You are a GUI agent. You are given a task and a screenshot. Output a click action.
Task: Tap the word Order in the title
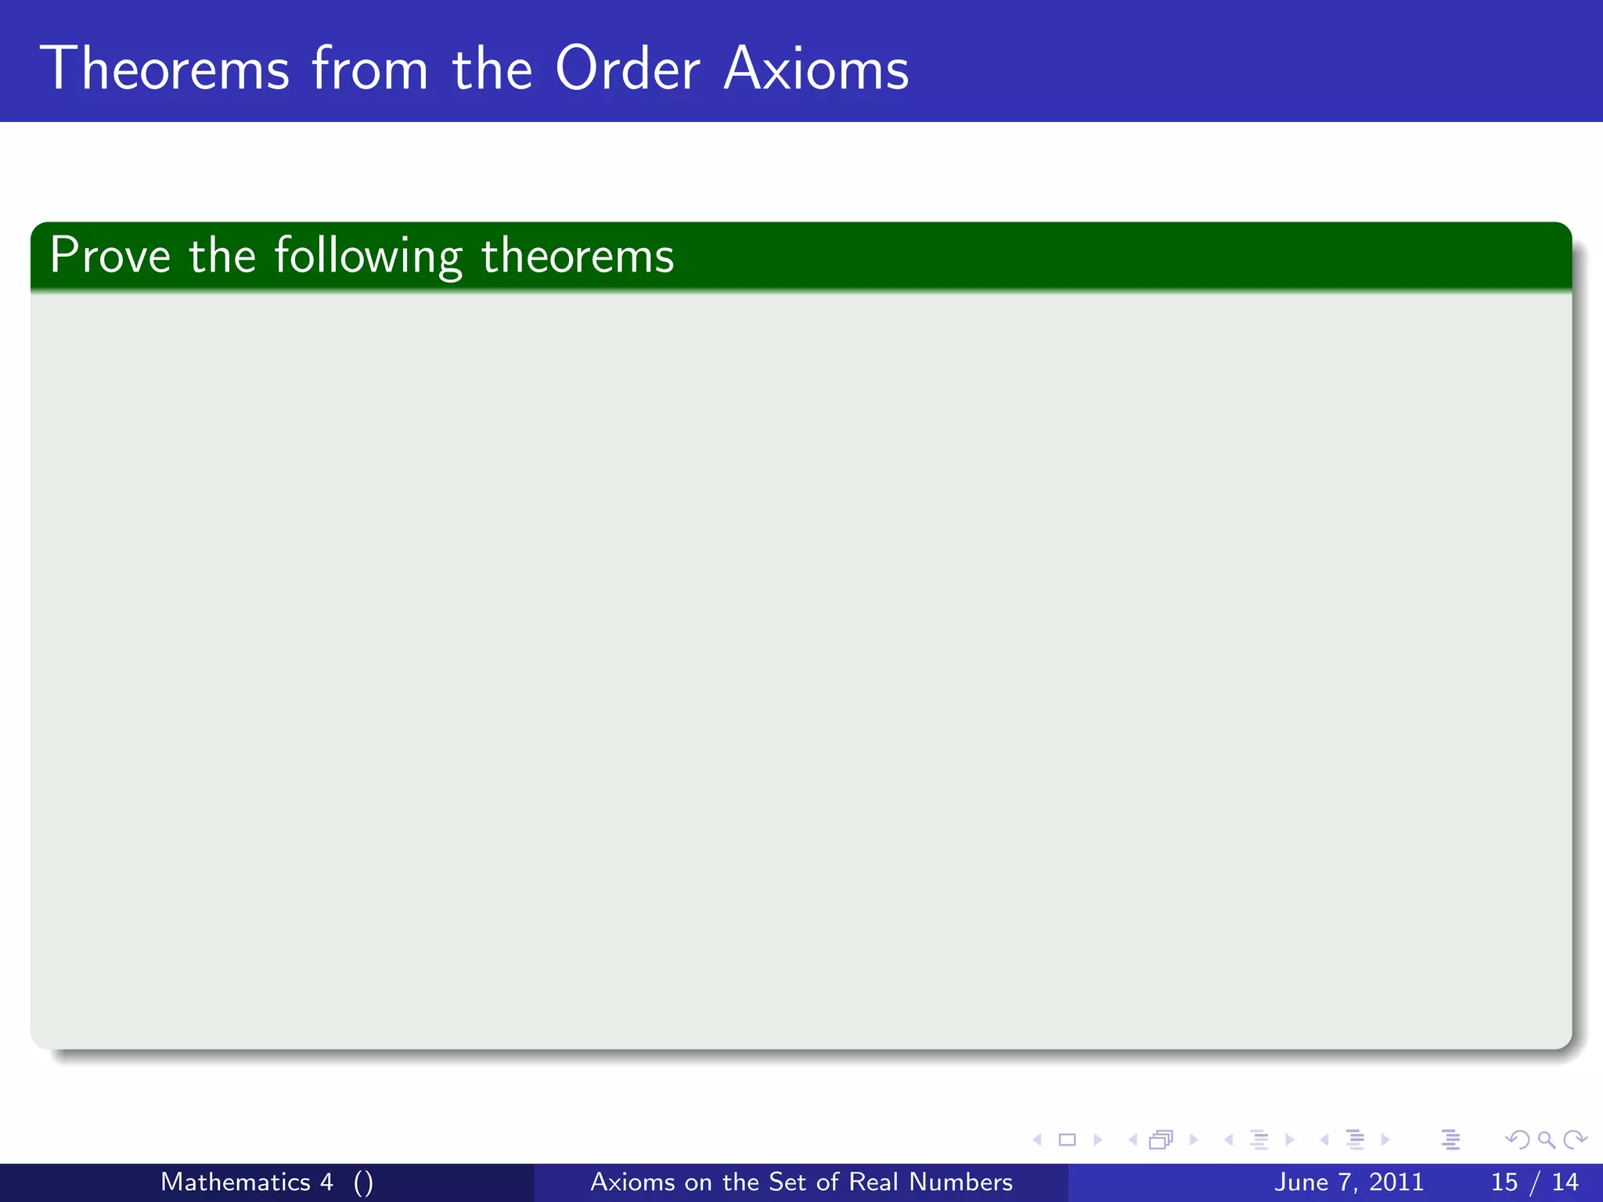(627, 69)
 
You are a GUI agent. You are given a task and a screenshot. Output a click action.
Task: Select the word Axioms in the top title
(816, 69)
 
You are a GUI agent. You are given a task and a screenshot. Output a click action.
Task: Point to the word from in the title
(370, 69)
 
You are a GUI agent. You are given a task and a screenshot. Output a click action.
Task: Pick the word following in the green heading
(368, 257)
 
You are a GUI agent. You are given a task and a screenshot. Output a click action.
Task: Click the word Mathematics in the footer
(236, 1182)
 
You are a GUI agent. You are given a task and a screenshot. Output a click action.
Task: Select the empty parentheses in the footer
(363, 1182)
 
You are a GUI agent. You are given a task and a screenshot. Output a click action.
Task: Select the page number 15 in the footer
(1504, 1182)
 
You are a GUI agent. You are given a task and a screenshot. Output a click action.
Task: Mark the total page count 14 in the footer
(1565, 1182)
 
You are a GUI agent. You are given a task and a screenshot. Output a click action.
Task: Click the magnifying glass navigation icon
(1546, 1140)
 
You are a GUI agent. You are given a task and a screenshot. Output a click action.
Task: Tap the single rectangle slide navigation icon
(1067, 1140)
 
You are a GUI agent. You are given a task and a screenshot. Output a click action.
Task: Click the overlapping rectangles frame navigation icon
(1161, 1140)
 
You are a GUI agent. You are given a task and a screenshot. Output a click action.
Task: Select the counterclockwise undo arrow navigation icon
(1518, 1140)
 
